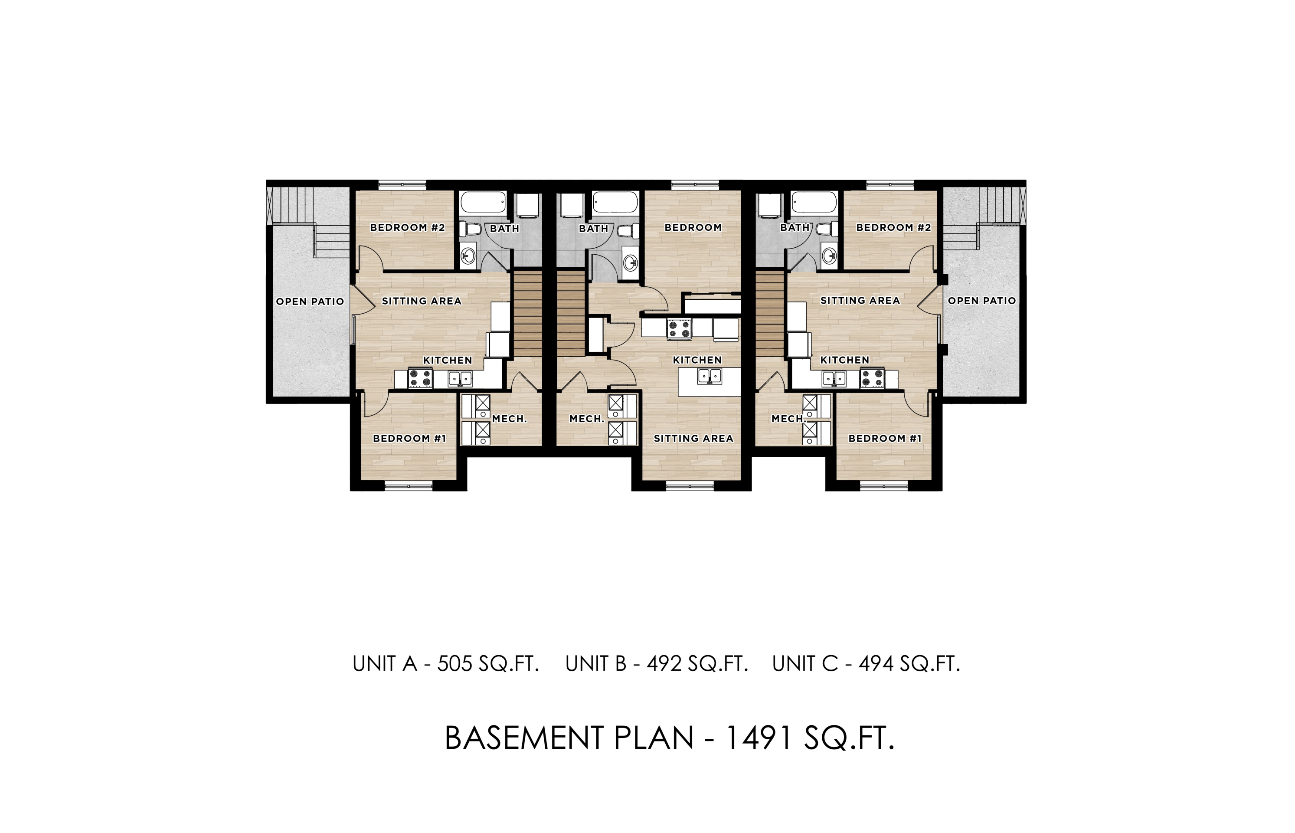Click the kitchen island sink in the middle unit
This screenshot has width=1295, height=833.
coord(710,375)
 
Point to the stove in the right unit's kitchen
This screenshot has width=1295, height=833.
coord(872,377)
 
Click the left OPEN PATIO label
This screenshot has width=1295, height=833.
coord(310,301)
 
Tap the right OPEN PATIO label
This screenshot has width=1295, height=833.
coord(981,301)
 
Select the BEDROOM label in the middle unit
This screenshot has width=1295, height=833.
coord(693,228)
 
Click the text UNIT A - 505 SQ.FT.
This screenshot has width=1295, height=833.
coord(445,664)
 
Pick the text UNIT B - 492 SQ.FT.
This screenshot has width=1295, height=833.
coord(657,664)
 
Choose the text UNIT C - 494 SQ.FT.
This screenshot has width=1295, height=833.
coord(866,664)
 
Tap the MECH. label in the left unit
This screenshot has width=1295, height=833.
coord(509,419)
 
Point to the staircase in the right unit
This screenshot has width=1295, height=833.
coord(770,314)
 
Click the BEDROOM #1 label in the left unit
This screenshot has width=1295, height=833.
coord(409,438)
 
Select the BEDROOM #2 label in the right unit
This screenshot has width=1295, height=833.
coord(893,228)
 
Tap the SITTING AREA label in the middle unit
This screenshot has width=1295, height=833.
coord(693,439)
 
